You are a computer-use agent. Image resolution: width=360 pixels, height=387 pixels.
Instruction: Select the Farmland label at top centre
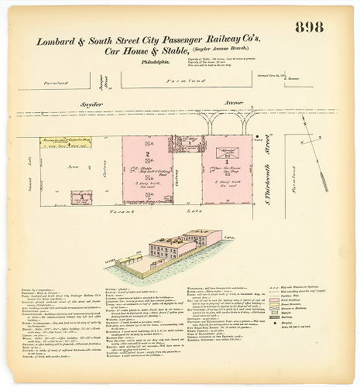point(184,80)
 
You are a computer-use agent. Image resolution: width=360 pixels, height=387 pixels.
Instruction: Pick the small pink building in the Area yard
point(79,198)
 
